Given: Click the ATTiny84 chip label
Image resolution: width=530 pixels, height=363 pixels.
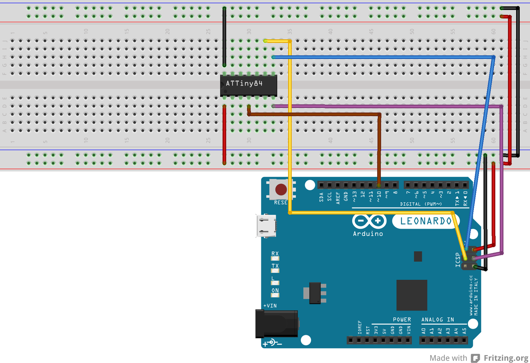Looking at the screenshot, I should [x=244, y=84].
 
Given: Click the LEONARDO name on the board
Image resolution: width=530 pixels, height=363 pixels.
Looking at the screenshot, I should [x=426, y=221].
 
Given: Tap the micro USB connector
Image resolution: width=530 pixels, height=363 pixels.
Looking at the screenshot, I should [x=266, y=226].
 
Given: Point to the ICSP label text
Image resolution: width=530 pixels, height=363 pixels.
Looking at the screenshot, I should [x=458, y=260].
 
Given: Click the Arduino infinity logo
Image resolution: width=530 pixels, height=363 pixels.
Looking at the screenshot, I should [x=369, y=221].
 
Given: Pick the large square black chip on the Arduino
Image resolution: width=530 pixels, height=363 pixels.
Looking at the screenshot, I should [x=411, y=295].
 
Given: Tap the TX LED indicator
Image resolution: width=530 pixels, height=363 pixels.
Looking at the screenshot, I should [x=275, y=270].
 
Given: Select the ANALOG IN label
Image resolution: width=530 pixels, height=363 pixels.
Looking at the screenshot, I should [x=438, y=320].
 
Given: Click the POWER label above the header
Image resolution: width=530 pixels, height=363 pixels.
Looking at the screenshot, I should [x=402, y=320].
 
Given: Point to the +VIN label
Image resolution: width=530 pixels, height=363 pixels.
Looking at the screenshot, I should [x=270, y=306].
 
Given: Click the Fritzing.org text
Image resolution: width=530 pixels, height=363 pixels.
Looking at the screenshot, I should [x=506, y=358].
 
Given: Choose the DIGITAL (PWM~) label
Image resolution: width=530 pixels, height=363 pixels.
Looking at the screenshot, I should [x=421, y=204].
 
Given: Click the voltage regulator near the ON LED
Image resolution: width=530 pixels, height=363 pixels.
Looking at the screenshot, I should [x=315, y=293].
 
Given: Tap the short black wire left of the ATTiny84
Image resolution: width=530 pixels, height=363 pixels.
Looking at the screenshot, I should [x=224, y=35].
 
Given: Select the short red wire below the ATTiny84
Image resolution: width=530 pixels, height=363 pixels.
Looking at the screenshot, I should [x=224, y=135].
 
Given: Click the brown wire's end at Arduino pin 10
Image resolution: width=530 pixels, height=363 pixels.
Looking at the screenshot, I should [x=379, y=185].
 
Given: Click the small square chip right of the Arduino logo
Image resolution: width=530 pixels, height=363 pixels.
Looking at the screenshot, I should [x=418, y=256].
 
